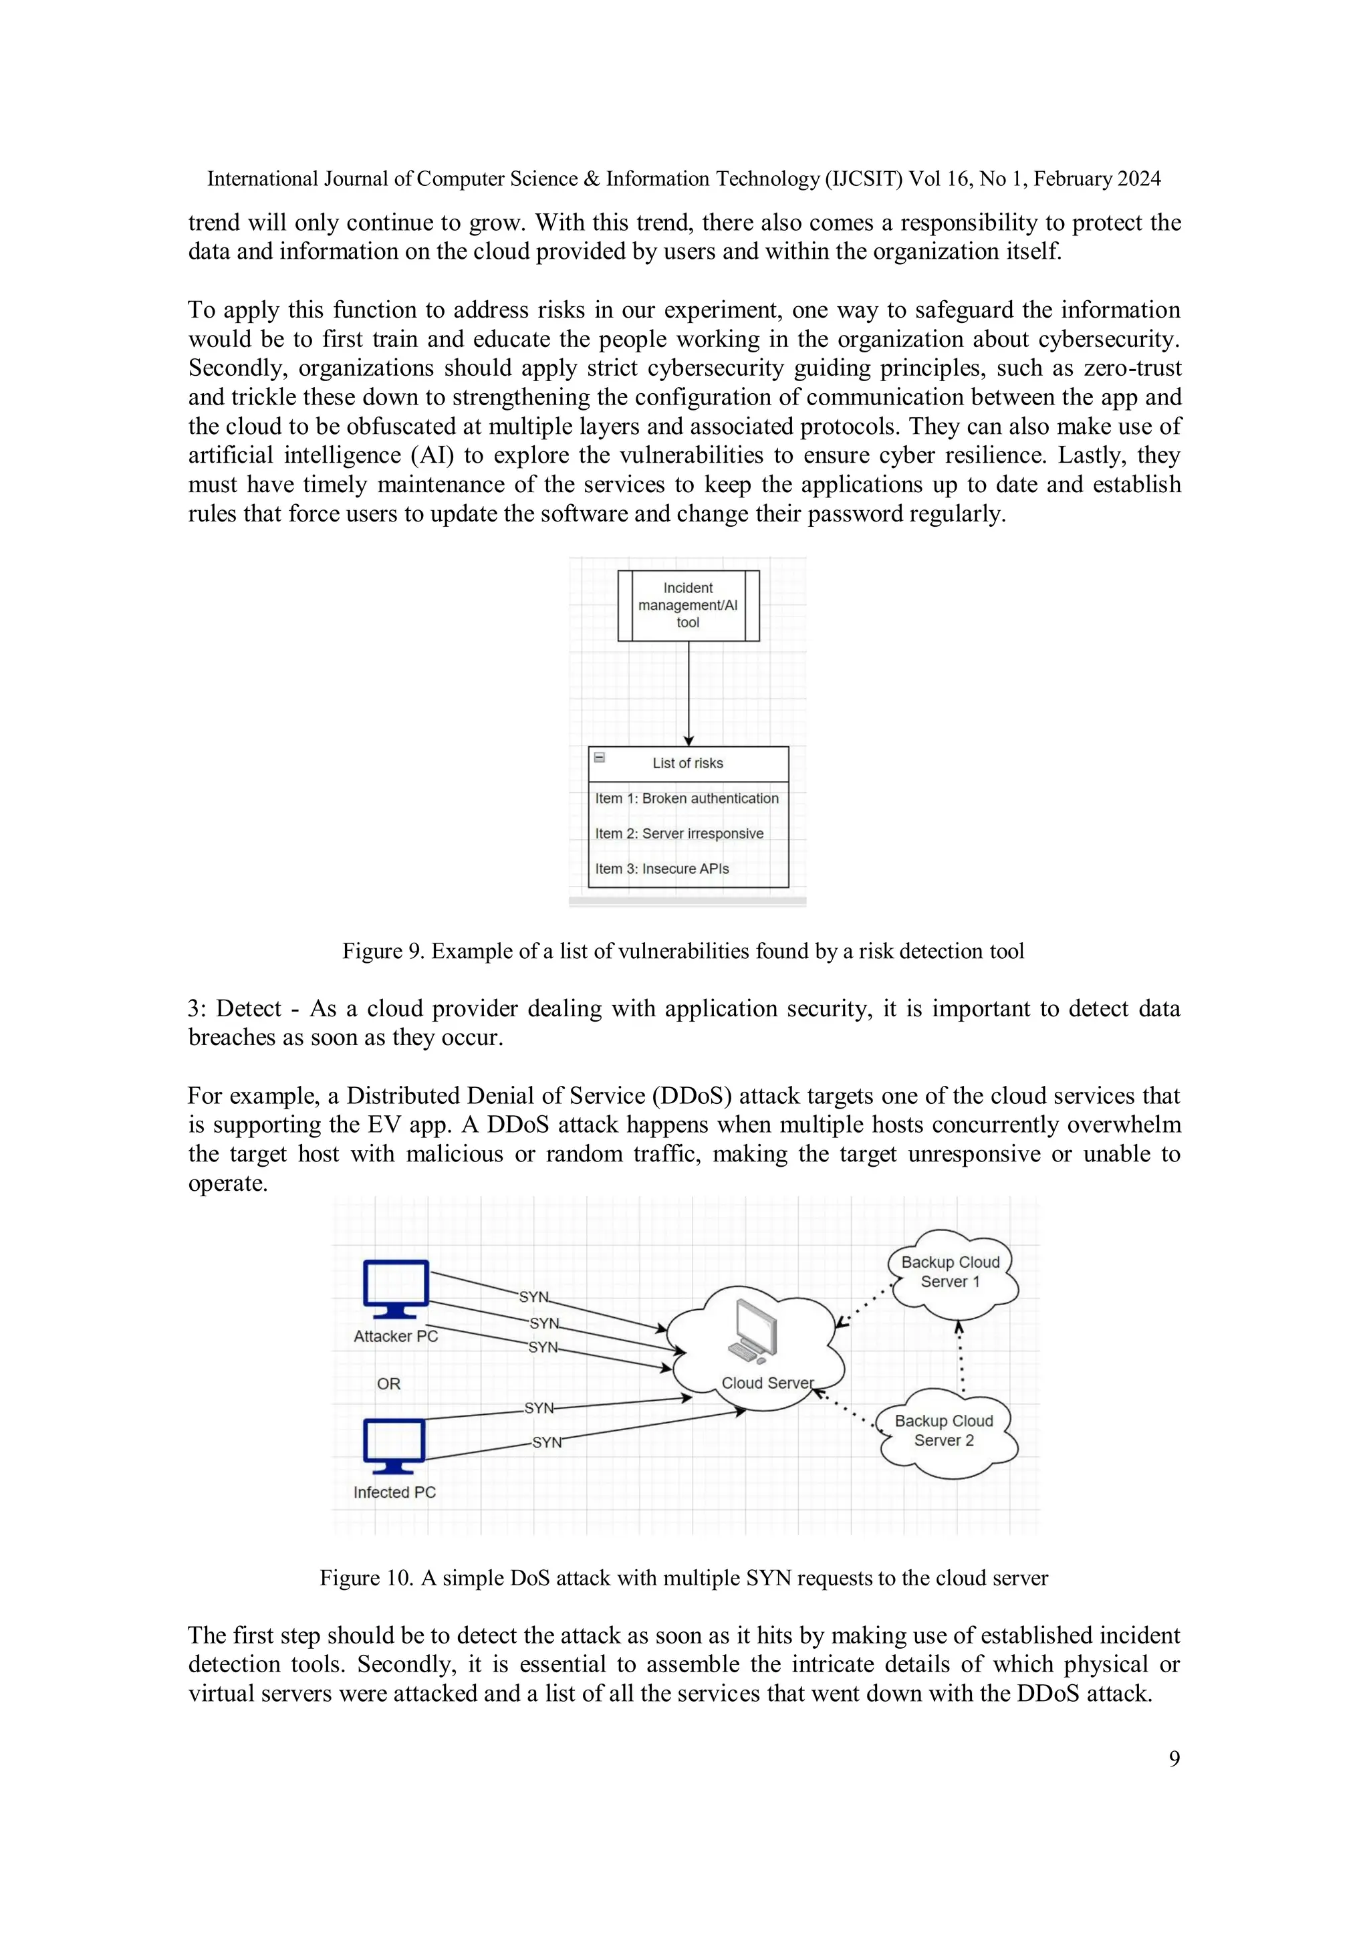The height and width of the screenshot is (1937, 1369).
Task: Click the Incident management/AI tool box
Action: click(x=689, y=605)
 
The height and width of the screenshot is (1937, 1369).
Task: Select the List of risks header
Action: click(x=687, y=764)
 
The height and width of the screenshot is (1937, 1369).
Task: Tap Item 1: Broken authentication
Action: click(x=687, y=798)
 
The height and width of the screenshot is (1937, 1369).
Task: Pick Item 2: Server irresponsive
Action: click(x=679, y=834)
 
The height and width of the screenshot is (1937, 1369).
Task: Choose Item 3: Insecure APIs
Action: click(x=662, y=869)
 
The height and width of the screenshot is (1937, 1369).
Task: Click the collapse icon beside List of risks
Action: click(x=600, y=758)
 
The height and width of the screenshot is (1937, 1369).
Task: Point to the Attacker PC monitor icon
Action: click(x=396, y=1288)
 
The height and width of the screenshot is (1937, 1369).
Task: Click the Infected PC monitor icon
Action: click(x=394, y=1445)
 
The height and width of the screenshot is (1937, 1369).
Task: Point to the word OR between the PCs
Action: click(x=389, y=1383)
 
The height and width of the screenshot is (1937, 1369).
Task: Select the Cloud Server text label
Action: click(x=767, y=1383)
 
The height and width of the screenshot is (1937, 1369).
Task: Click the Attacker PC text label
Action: click(x=396, y=1337)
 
